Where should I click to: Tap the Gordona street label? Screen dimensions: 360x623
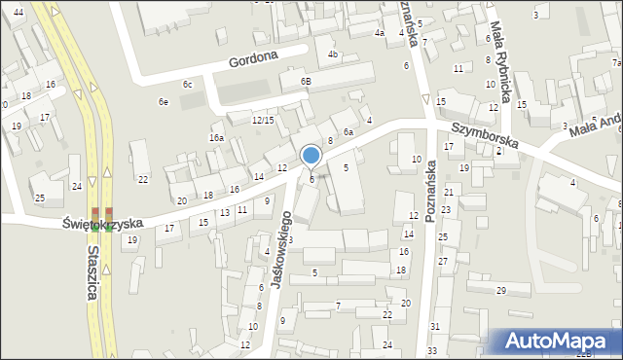pyautogui.click(x=254, y=59)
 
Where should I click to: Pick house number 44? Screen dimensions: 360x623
pyautogui.click(x=18, y=11)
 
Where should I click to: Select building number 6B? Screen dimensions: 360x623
pyautogui.click(x=306, y=81)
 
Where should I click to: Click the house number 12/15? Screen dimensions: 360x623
pyautogui.click(x=263, y=120)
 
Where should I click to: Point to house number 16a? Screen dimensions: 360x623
pyautogui.click(x=216, y=138)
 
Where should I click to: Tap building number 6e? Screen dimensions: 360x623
pyautogui.click(x=164, y=101)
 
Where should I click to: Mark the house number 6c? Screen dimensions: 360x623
pyautogui.click(x=188, y=85)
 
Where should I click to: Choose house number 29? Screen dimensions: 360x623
pyautogui.click(x=501, y=291)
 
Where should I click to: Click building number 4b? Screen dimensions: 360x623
pyautogui.click(x=332, y=54)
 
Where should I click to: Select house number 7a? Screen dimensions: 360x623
pyautogui.click(x=616, y=62)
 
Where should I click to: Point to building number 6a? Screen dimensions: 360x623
pyautogui.click(x=347, y=131)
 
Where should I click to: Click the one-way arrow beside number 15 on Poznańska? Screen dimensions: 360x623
pyautogui.click(x=426, y=98)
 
